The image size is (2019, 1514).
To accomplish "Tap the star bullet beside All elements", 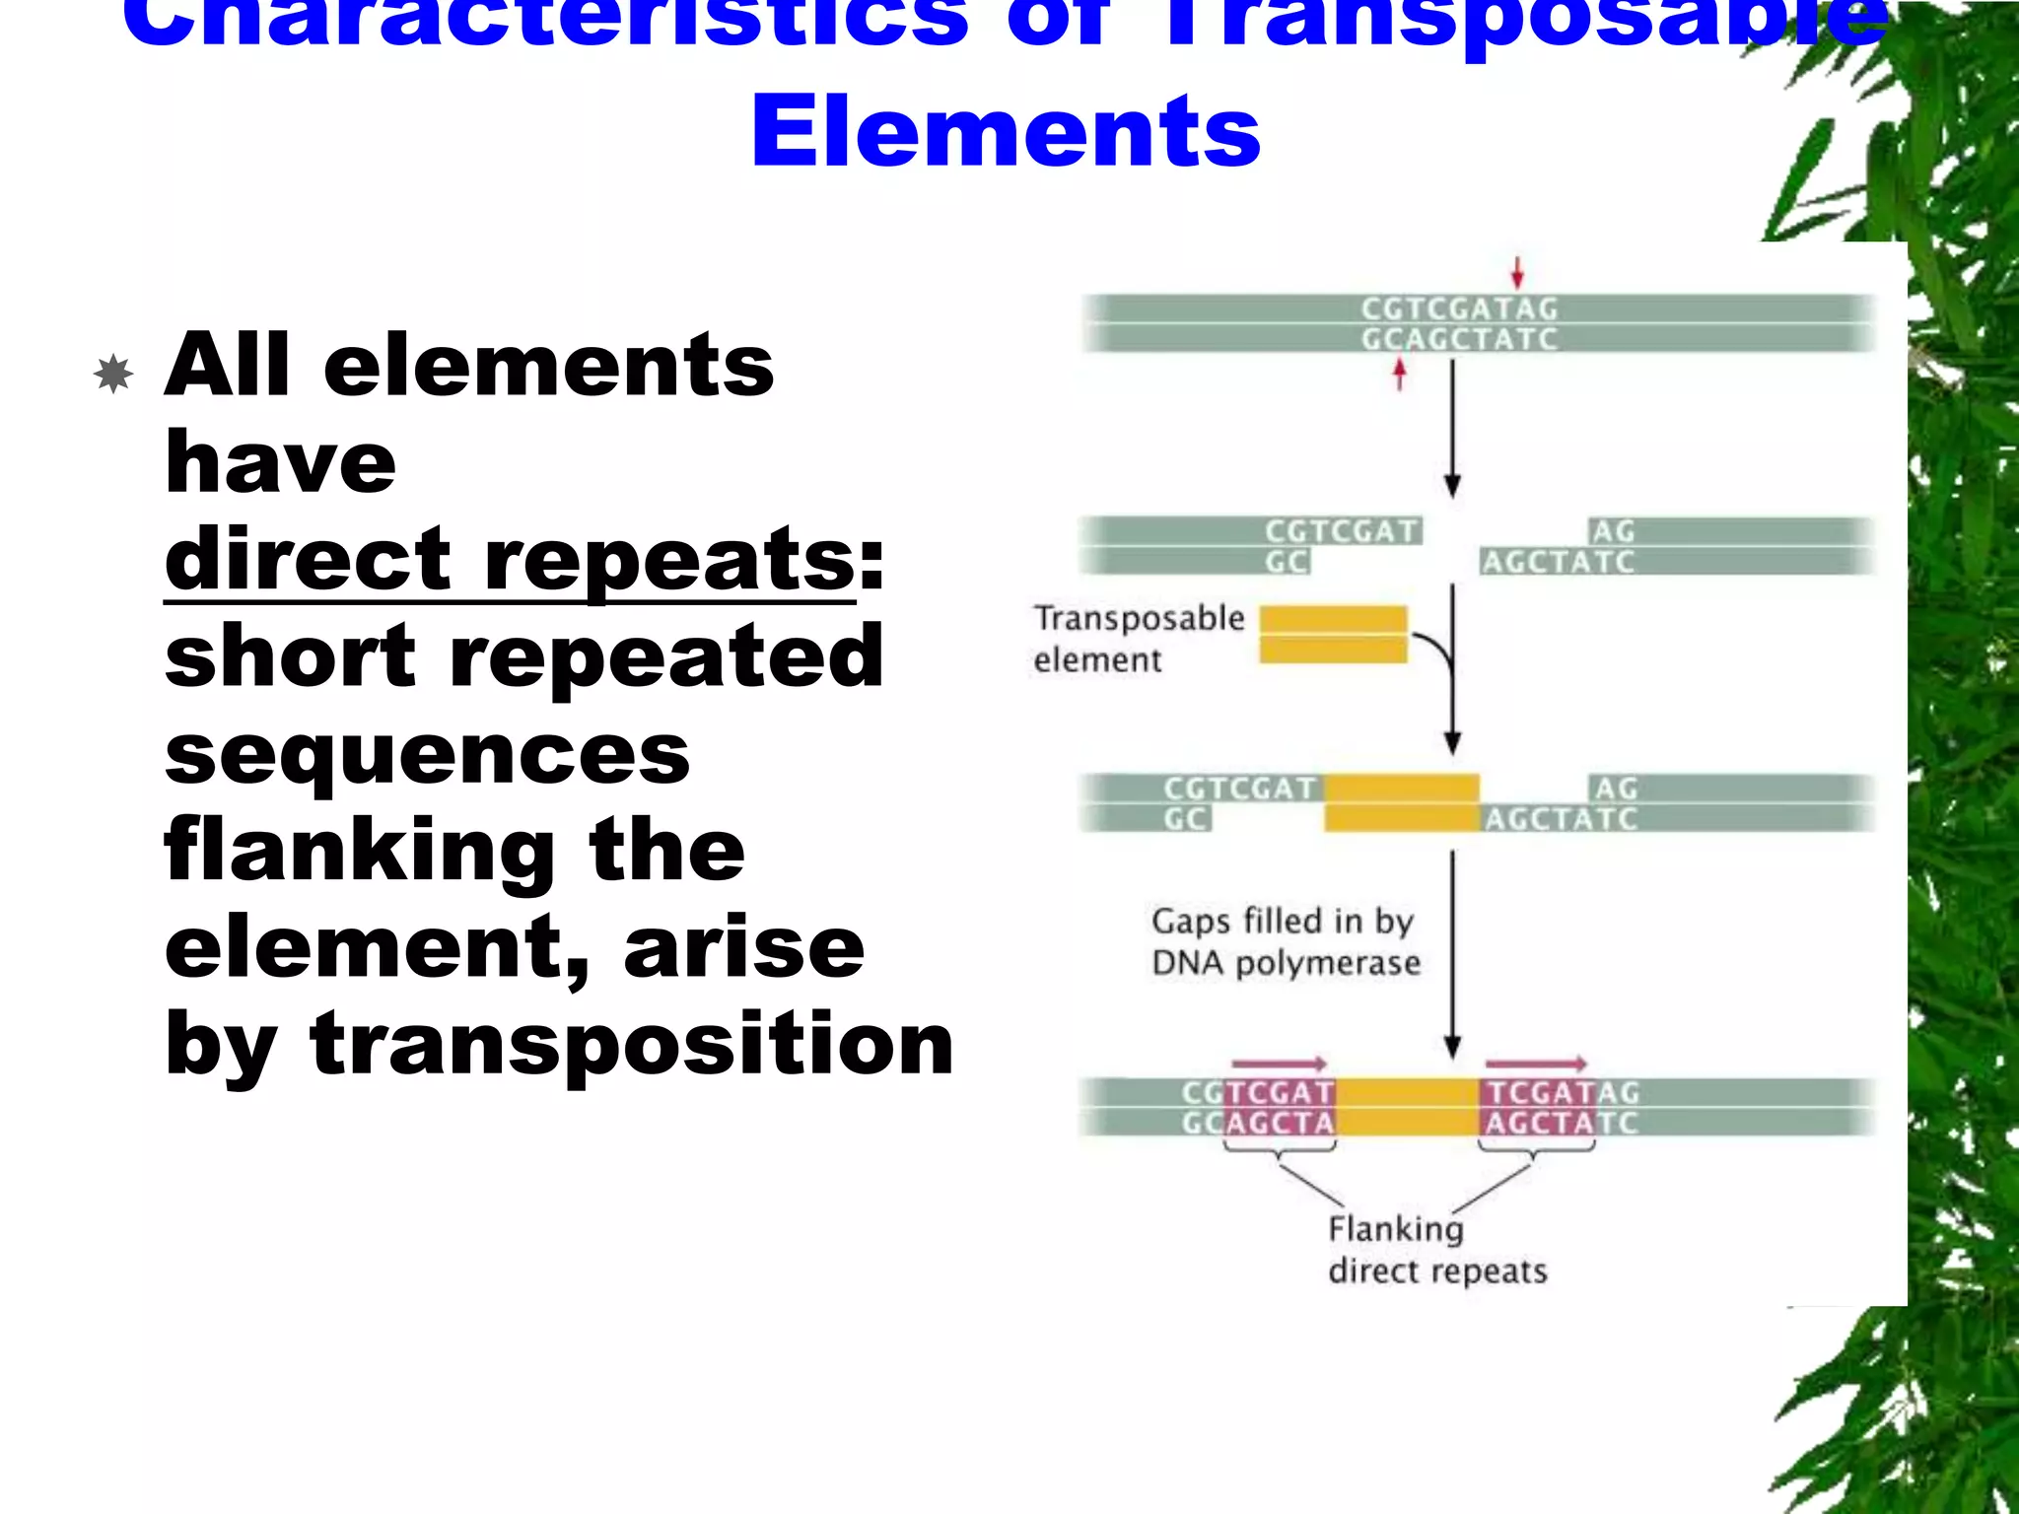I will (x=114, y=374).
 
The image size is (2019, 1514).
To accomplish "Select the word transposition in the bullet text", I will (x=631, y=1043).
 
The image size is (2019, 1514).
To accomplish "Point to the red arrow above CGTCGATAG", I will (x=1517, y=272).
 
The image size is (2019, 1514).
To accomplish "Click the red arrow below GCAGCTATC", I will (x=1399, y=374).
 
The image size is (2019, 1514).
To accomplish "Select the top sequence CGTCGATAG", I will (x=1459, y=309).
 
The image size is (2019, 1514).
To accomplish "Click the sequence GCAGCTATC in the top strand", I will (x=1459, y=339).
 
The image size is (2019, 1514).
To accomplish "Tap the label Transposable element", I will (x=1138, y=639).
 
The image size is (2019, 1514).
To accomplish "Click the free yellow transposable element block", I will (x=1333, y=635).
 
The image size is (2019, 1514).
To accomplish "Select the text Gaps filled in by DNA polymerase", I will (x=1285, y=941).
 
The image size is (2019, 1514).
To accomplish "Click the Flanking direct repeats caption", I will (x=1436, y=1250).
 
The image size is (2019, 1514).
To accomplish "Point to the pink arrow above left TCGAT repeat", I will (x=1279, y=1065).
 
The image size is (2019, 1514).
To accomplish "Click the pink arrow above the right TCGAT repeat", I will (x=1535, y=1065).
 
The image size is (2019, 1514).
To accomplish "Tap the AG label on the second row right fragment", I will (x=1613, y=531).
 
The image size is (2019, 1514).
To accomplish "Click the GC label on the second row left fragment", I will (x=1287, y=562).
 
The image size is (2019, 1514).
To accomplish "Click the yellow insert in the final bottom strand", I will (x=1407, y=1107).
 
